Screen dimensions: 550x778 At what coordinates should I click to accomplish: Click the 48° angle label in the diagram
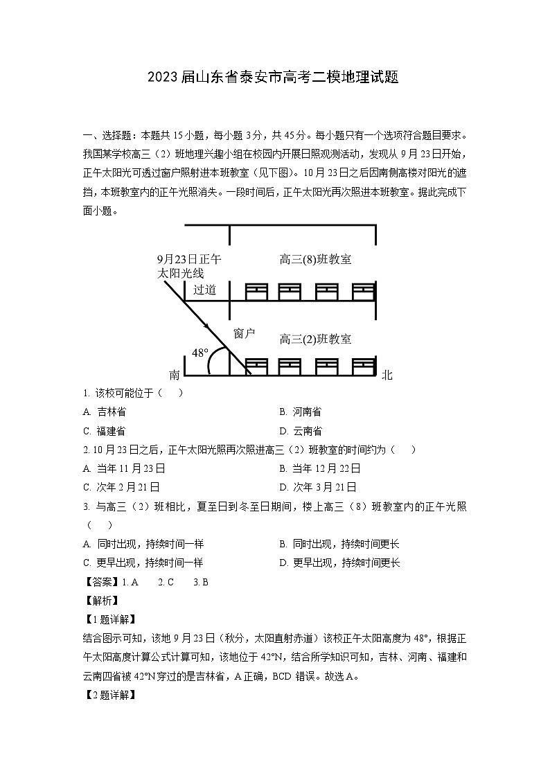pos(200,353)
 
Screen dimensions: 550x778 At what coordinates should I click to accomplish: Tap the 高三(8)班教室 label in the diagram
pos(315,260)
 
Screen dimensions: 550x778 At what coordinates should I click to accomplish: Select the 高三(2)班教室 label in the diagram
pos(315,339)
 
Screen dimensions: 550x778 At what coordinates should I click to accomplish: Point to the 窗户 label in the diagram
pos(245,334)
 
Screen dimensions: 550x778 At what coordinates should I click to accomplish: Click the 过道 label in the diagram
pos(204,290)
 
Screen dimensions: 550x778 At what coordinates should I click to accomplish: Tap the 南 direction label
pos(175,375)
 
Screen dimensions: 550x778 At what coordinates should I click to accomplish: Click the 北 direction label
pos(387,375)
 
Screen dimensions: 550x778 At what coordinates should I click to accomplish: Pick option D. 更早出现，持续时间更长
pos(339,563)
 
